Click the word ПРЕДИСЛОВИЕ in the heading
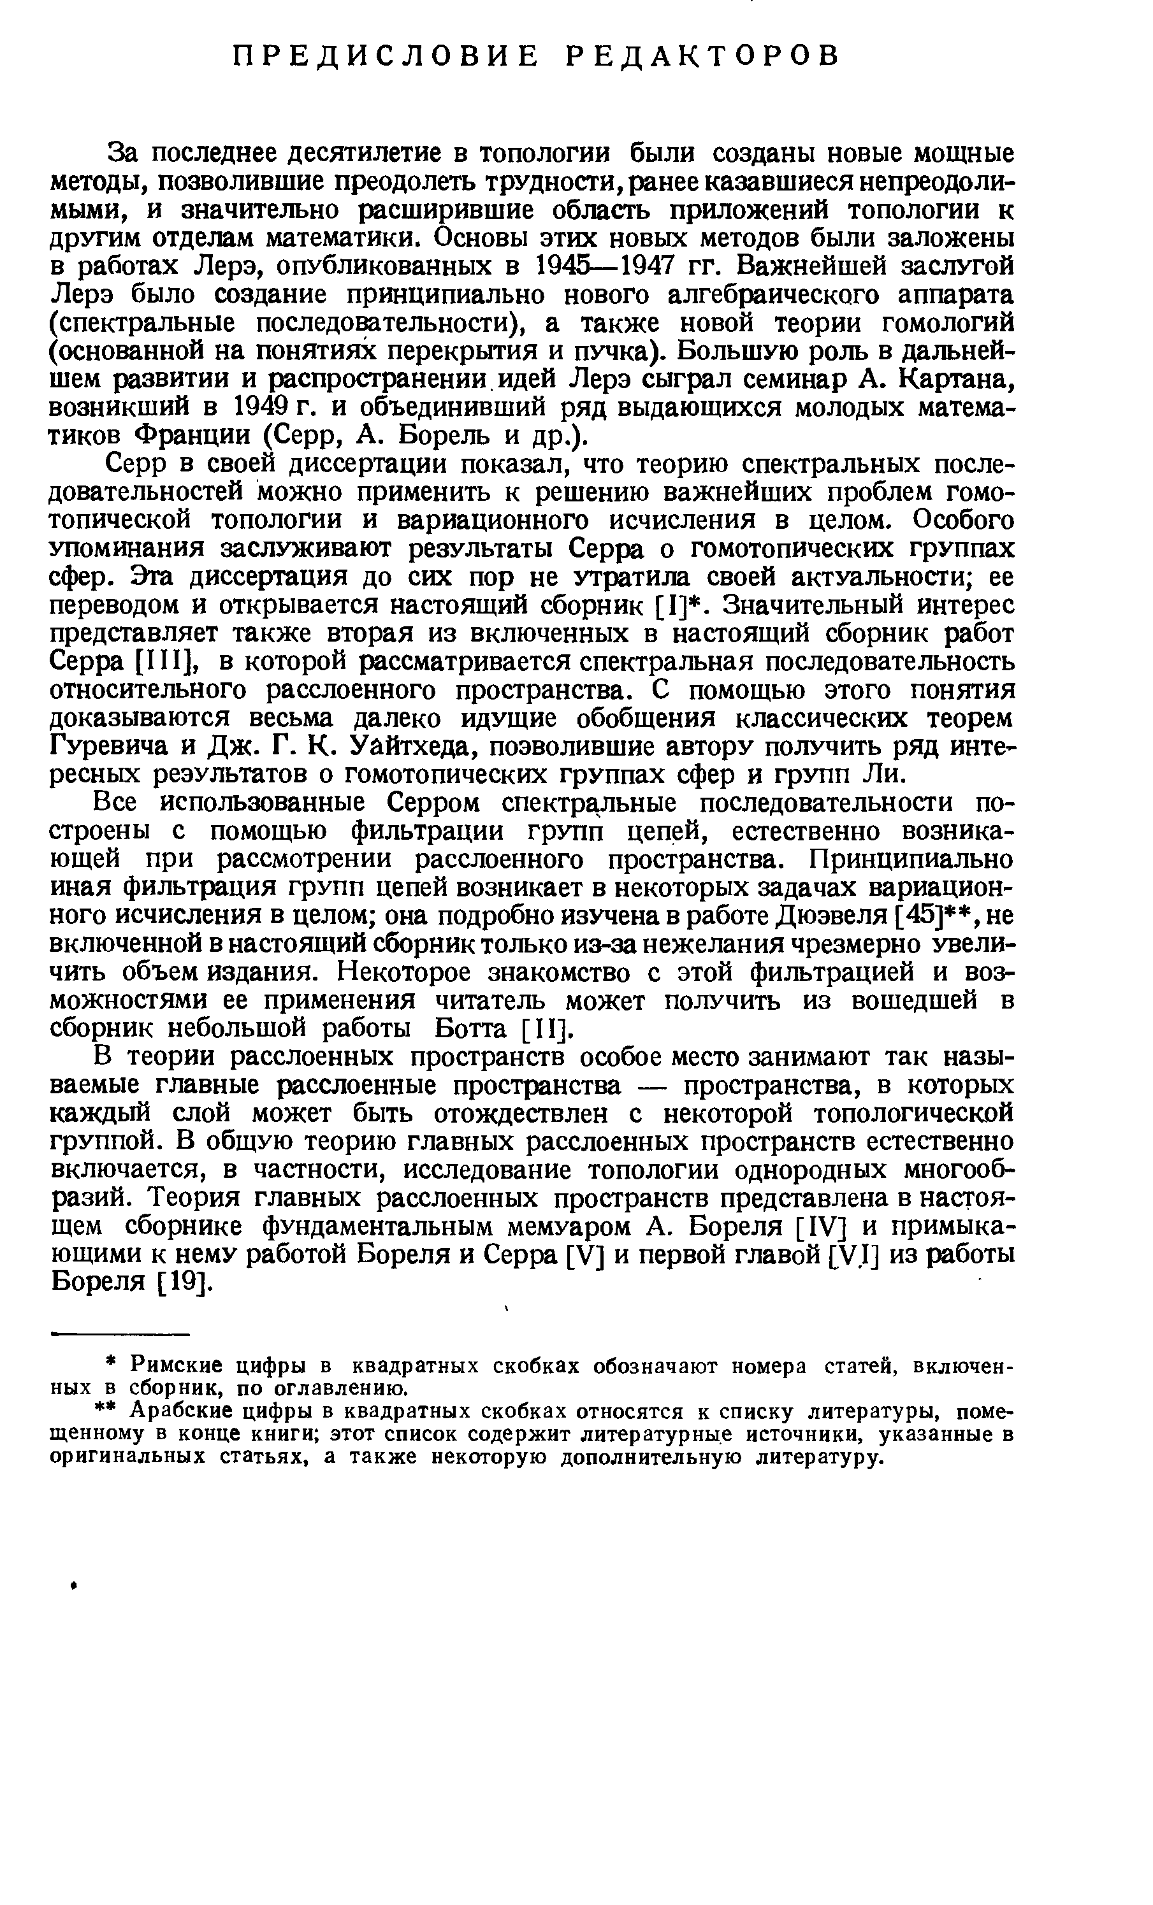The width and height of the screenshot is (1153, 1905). point(385,55)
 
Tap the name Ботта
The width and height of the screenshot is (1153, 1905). point(471,1029)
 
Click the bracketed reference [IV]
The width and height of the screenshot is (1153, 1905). point(822,1228)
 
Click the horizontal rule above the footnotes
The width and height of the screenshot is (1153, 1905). point(119,1334)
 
